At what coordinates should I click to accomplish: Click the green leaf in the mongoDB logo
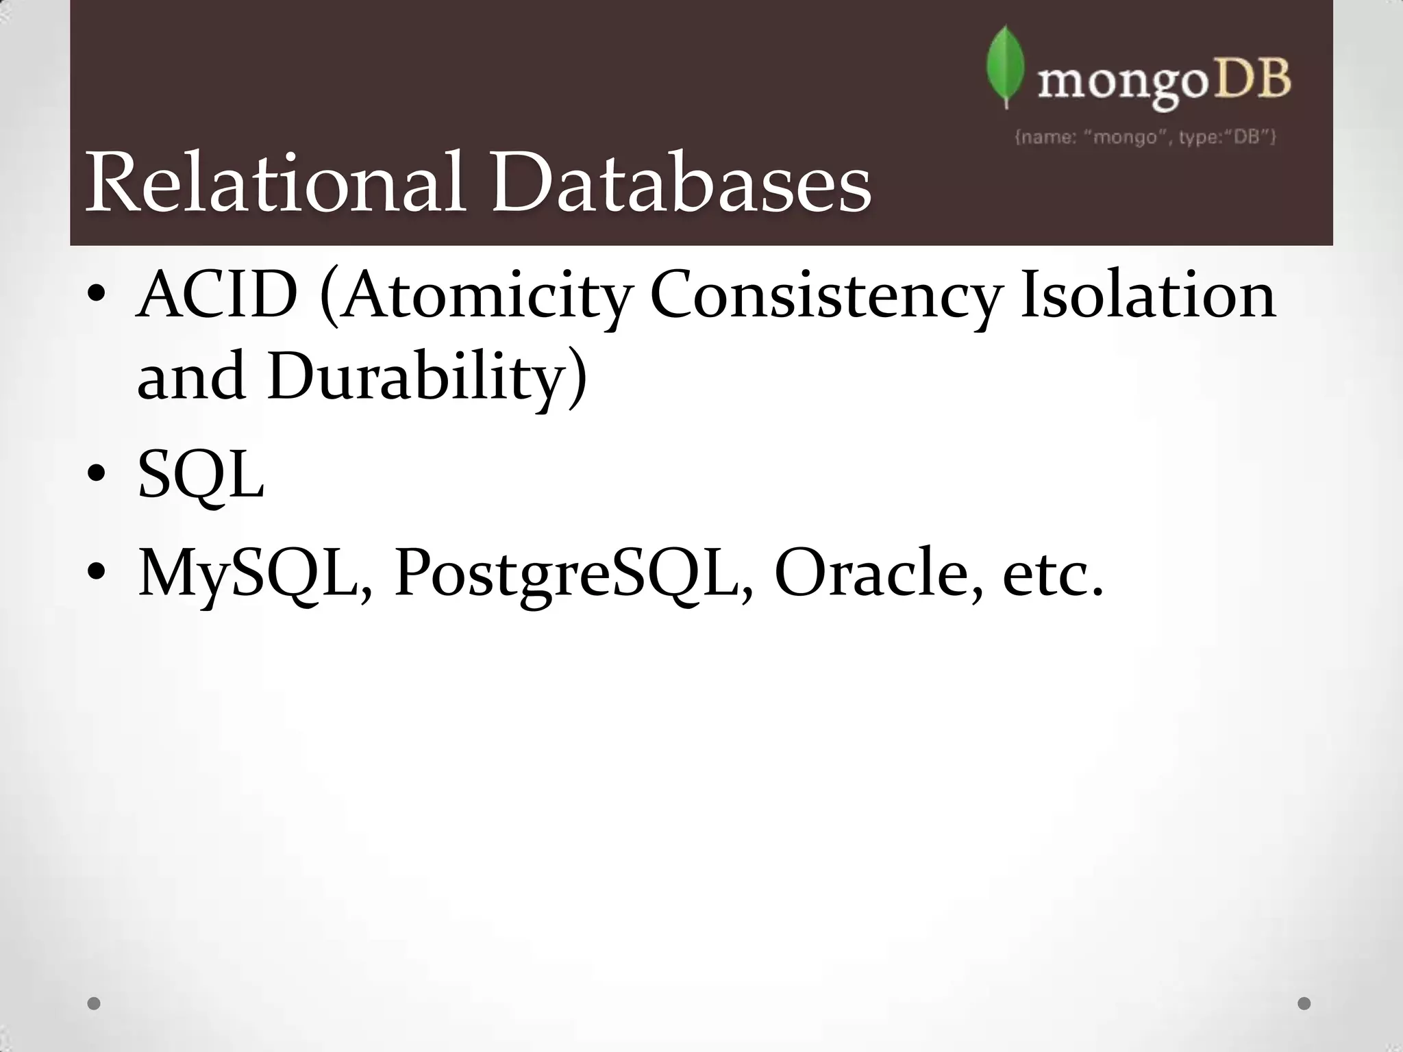(1005, 68)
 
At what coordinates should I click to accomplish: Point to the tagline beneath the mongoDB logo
(1145, 138)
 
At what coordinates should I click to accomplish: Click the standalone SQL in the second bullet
(201, 475)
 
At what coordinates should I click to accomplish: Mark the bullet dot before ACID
(96, 295)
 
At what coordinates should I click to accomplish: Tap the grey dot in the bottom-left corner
(95, 1003)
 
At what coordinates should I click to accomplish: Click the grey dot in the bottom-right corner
(1304, 1003)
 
